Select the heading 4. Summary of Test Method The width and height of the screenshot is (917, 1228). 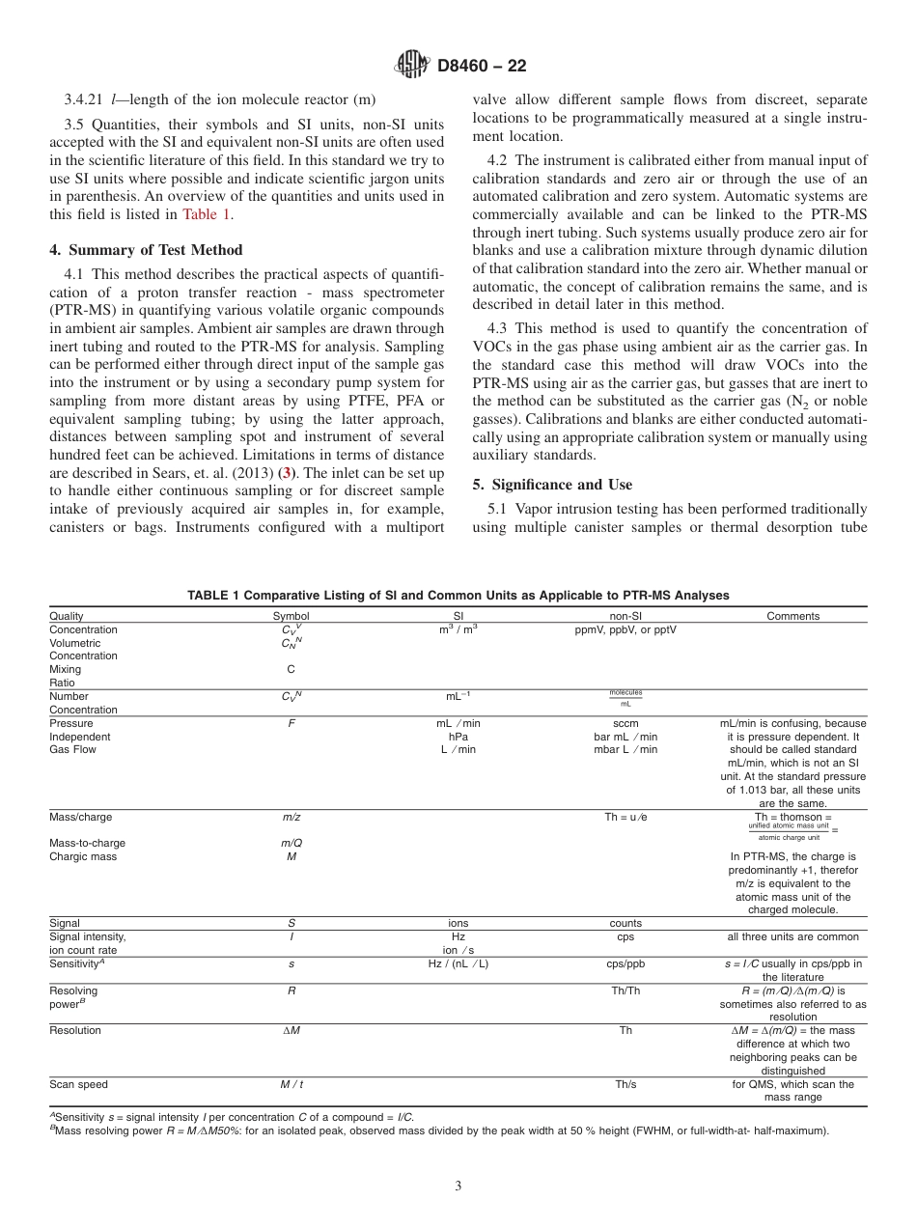[x=145, y=250]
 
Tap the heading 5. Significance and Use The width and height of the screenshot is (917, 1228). [x=552, y=484]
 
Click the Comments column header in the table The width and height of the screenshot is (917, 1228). [x=792, y=616]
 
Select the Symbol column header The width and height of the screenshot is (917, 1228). [x=291, y=616]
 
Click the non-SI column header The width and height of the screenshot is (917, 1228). [x=625, y=616]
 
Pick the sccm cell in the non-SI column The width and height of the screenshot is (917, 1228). [x=625, y=723]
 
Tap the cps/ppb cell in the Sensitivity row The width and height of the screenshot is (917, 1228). [x=625, y=963]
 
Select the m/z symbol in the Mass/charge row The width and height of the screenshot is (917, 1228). [x=291, y=817]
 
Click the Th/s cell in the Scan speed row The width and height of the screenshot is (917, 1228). [x=625, y=1084]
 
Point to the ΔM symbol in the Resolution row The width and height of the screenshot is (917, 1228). [x=291, y=1030]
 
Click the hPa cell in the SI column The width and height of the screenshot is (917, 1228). [x=458, y=737]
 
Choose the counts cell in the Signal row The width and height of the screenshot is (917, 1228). [x=625, y=923]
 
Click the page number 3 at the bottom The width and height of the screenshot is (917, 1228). [x=458, y=1186]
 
